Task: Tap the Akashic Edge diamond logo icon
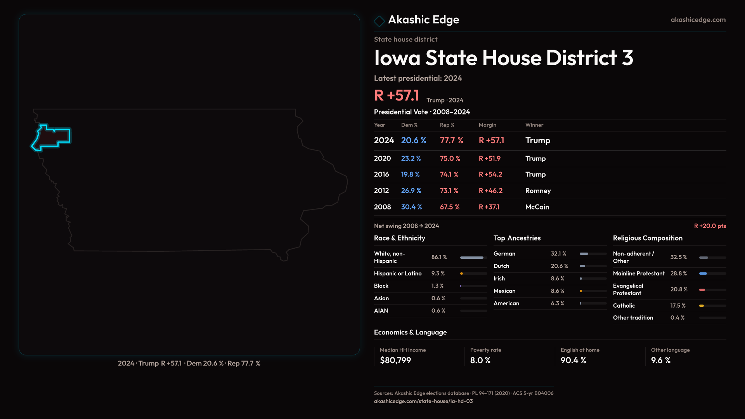click(379, 21)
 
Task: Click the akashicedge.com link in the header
click(698, 20)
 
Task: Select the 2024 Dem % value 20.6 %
click(414, 140)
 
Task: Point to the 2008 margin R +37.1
click(489, 207)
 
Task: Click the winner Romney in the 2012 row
click(538, 191)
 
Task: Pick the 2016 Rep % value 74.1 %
click(449, 175)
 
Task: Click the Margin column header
click(487, 125)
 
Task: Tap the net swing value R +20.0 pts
click(710, 226)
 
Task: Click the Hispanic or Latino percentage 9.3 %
click(438, 274)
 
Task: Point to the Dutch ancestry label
click(501, 266)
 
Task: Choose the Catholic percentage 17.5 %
click(678, 306)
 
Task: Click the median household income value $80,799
click(395, 360)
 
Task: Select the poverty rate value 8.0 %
click(480, 360)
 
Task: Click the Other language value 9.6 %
click(661, 360)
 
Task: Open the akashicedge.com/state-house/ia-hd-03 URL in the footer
click(423, 401)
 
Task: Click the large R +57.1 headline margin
click(397, 95)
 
